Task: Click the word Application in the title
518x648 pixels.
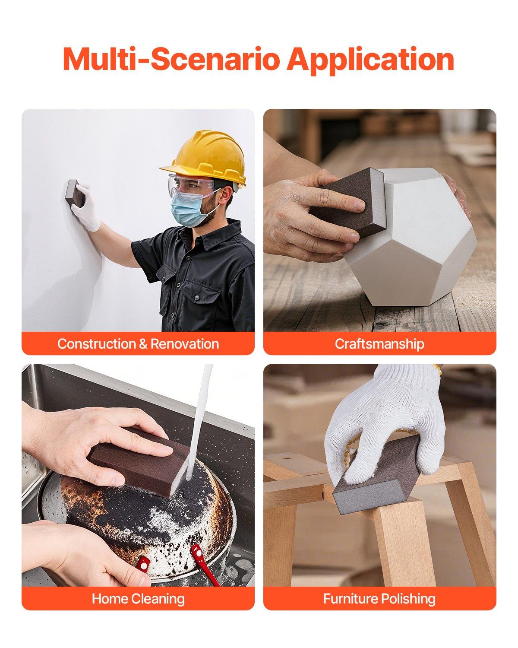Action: pyautogui.click(x=370, y=59)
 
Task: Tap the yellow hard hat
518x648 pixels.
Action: pyautogui.click(x=207, y=158)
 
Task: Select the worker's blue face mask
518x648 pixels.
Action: pyautogui.click(x=188, y=210)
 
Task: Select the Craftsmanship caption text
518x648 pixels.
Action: pyautogui.click(x=379, y=344)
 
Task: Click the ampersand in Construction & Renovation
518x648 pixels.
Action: pyautogui.click(x=143, y=344)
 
